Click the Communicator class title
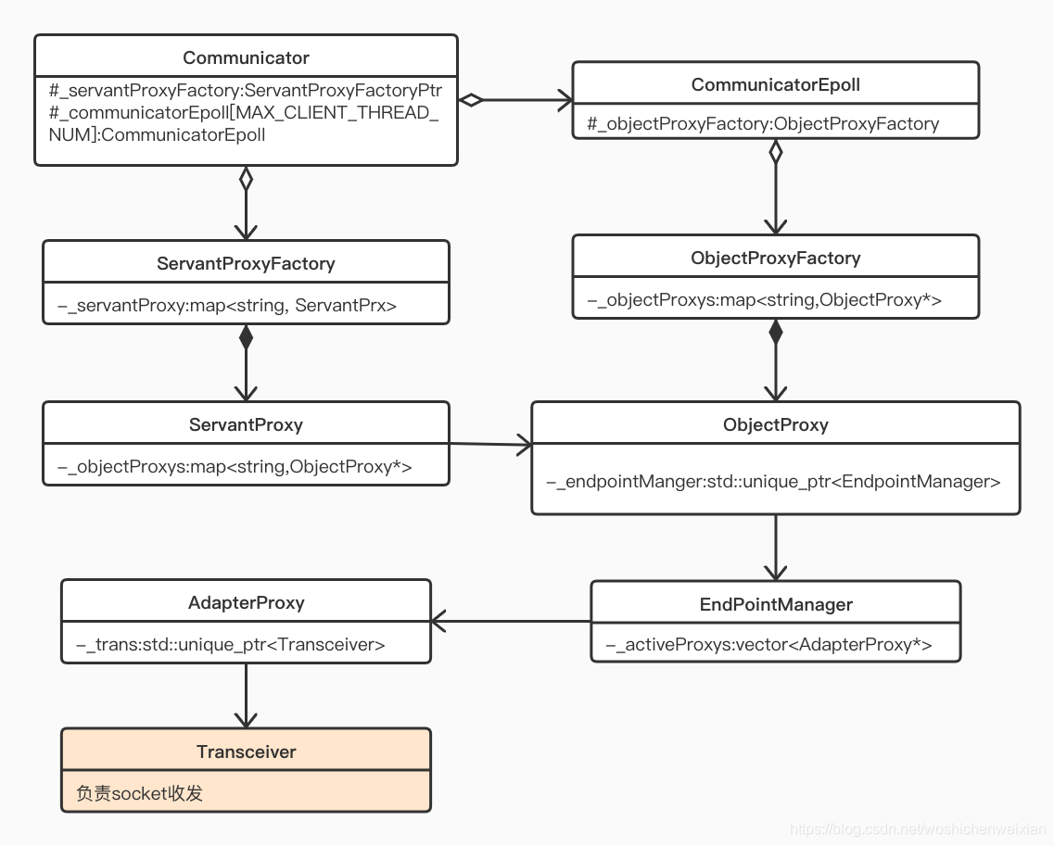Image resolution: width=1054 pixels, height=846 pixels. [x=246, y=57]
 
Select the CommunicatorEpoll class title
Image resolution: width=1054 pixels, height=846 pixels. [x=776, y=84]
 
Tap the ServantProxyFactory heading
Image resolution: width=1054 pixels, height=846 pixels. [x=246, y=263]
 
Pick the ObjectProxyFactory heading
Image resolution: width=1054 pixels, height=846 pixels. [x=776, y=258]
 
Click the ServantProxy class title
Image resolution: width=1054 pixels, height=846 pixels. [x=246, y=424]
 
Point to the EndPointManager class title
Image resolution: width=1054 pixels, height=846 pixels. [x=776, y=604]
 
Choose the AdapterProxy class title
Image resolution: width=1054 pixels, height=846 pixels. [x=246, y=602]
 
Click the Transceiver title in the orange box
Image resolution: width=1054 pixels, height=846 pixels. [x=246, y=751]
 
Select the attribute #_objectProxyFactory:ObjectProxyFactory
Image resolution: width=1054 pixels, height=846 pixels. [x=763, y=123]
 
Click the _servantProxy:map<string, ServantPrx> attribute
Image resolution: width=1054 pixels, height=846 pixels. [x=227, y=306]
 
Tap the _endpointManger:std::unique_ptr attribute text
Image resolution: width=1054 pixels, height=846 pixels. [x=773, y=482]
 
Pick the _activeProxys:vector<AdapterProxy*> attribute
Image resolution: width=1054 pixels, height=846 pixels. [x=769, y=644]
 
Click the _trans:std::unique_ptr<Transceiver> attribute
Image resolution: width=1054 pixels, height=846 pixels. [x=231, y=644]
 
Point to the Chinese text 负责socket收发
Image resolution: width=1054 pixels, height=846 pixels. [x=139, y=793]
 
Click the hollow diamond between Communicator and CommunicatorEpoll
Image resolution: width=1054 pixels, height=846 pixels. [x=471, y=100]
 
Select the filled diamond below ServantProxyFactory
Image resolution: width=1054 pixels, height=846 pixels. [x=246, y=337]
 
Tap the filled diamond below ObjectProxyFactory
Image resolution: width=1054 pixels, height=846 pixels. [x=776, y=332]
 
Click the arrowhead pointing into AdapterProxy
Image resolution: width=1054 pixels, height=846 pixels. [x=438, y=622]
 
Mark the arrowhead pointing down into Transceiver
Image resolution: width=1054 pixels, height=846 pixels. [x=246, y=720]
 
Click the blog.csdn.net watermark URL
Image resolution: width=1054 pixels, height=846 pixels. [x=919, y=830]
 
